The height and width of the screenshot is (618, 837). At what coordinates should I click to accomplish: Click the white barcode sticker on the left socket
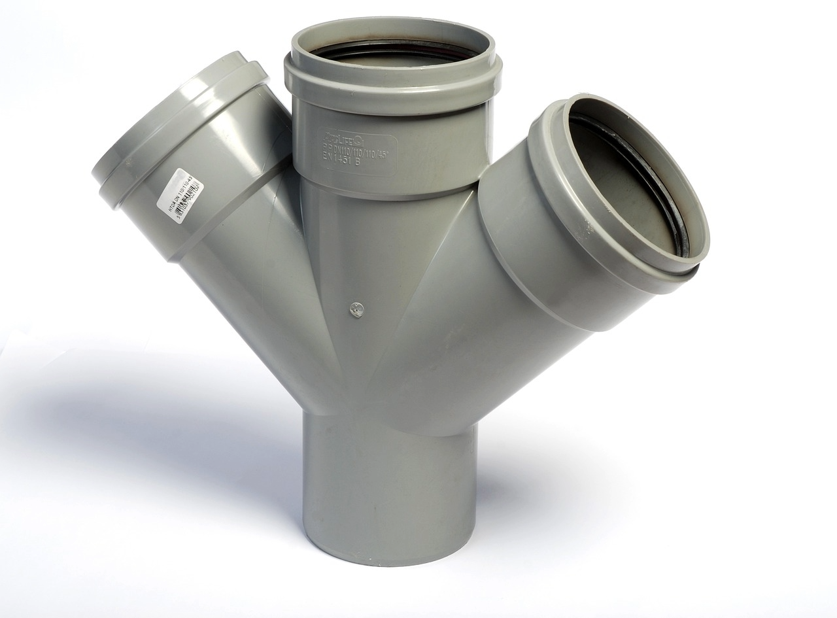[x=180, y=196]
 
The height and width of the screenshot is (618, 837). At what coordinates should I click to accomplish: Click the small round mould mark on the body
[x=356, y=309]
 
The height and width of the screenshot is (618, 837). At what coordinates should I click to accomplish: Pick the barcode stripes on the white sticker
[x=182, y=196]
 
